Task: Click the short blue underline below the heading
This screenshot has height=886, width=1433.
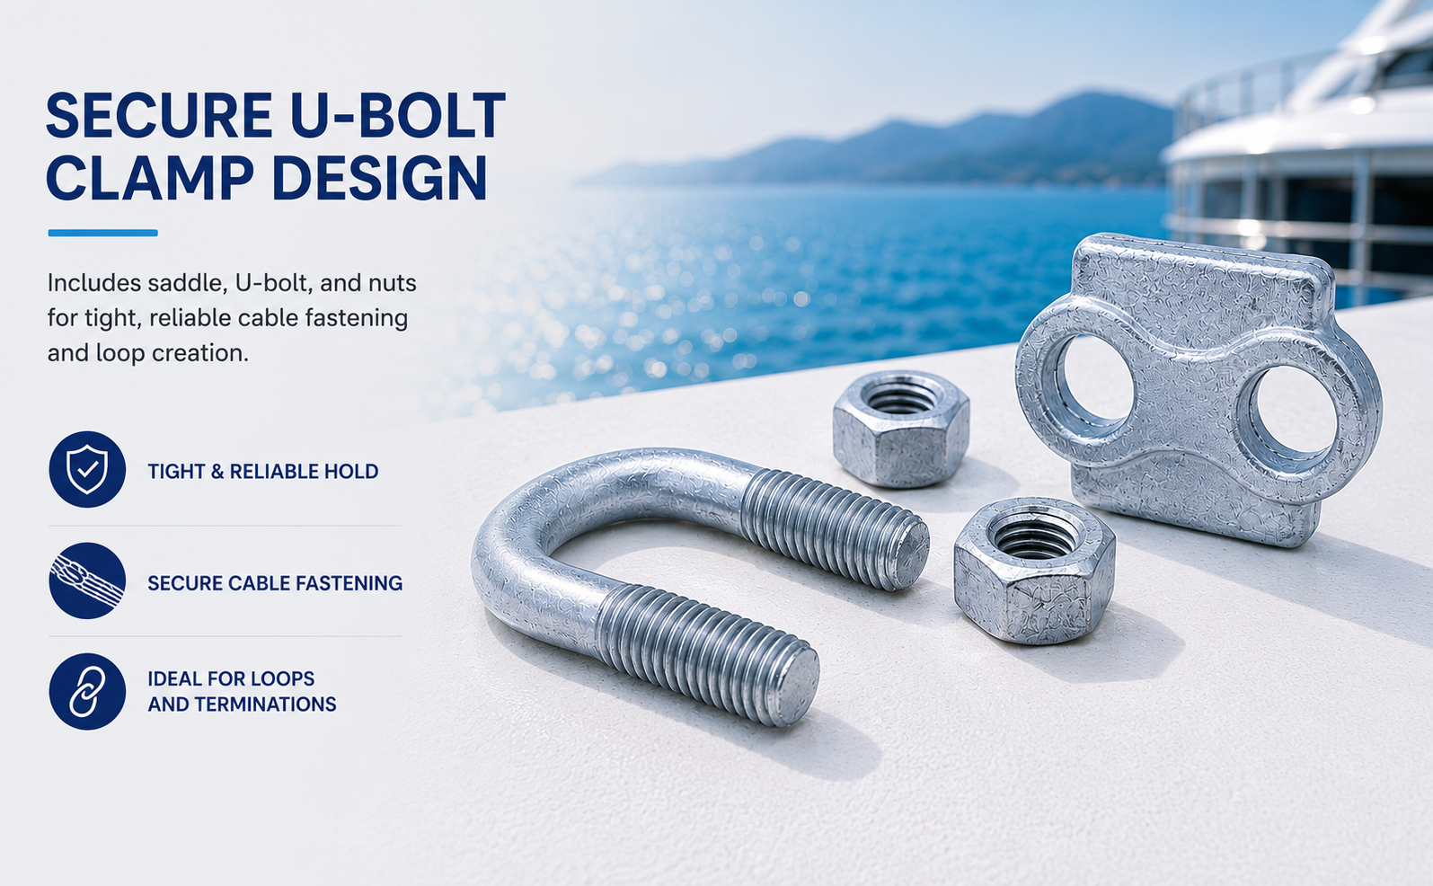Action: tap(103, 233)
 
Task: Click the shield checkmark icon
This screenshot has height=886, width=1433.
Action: tap(87, 470)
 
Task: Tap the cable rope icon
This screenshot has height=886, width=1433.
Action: tap(87, 580)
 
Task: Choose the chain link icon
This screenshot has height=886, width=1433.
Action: tap(87, 691)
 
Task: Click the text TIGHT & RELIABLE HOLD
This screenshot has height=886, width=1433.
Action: tap(263, 472)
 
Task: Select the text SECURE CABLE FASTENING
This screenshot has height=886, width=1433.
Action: tap(275, 583)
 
